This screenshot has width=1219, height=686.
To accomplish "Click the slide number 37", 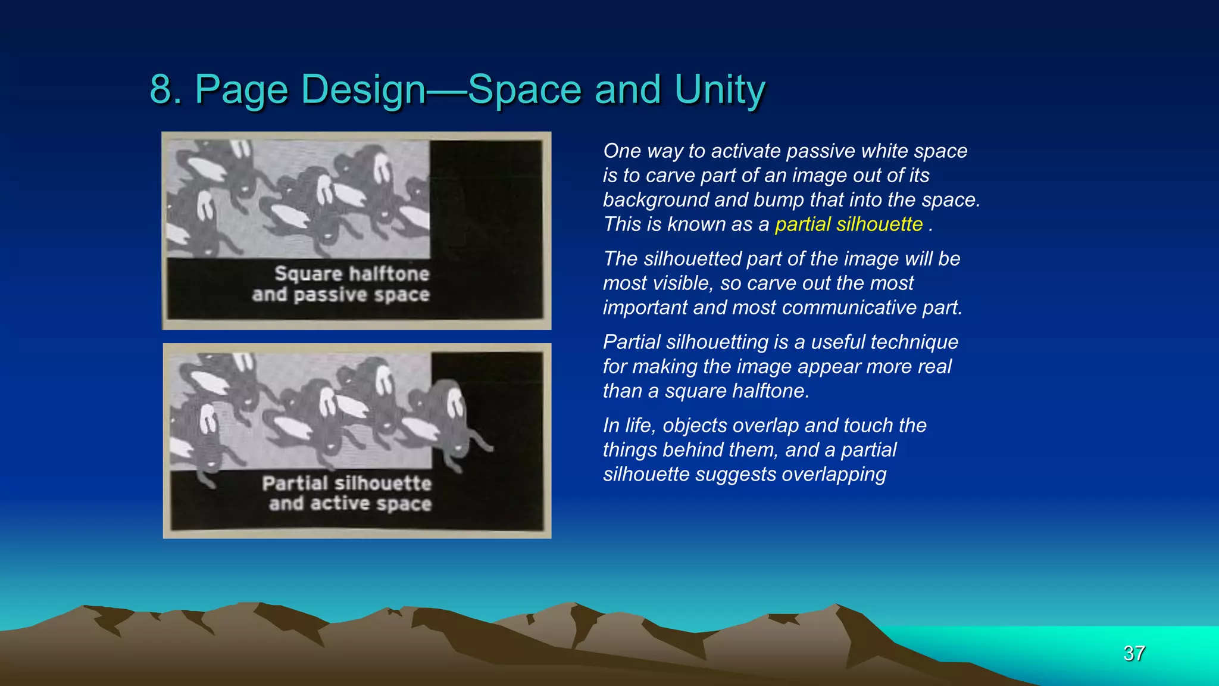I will (x=1134, y=653).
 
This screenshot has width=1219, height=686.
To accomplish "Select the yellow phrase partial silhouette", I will (x=848, y=224).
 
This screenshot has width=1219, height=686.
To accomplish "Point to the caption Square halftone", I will (x=351, y=274).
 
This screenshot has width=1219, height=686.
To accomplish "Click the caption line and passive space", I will (x=340, y=295).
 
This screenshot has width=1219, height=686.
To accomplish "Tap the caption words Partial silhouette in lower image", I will (x=346, y=483).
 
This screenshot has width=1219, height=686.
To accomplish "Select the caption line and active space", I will (x=350, y=504).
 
